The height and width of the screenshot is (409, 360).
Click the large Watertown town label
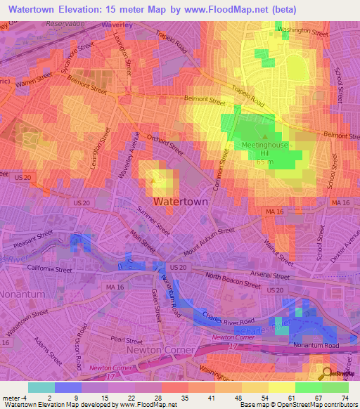coord(180,201)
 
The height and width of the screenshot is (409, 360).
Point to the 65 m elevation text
coord(264,162)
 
